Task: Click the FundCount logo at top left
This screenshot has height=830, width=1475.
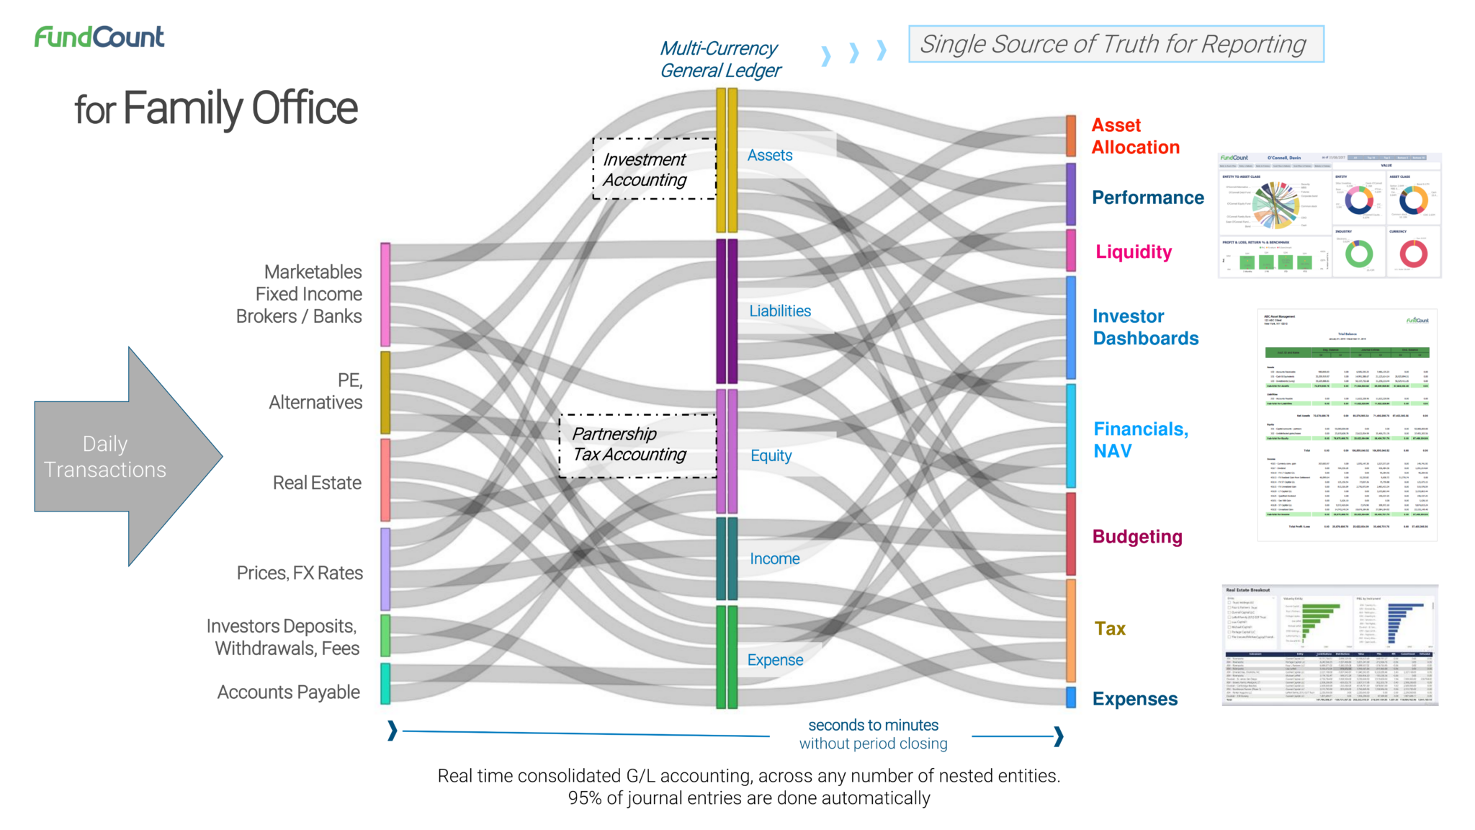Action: tap(99, 37)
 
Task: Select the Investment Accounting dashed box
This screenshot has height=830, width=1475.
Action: tap(654, 169)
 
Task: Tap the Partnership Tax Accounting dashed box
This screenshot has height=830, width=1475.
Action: tap(637, 445)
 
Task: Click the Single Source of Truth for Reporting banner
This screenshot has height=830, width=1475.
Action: tap(1116, 44)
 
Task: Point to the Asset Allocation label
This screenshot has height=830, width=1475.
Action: tap(1135, 136)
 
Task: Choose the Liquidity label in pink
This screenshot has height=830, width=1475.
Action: tap(1134, 251)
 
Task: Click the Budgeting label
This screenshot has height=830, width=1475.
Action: tap(1137, 537)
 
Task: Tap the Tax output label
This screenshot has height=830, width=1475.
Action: tap(1110, 629)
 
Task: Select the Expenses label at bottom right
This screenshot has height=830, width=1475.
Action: tap(1135, 699)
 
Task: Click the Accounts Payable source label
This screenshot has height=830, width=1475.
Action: tap(289, 692)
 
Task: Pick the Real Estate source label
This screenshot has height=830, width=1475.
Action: tap(317, 483)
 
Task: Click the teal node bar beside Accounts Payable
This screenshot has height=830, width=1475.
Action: tap(385, 684)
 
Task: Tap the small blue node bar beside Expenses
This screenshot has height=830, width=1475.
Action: tap(1071, 697)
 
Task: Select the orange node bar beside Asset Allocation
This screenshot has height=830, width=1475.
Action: tap(1071, 135)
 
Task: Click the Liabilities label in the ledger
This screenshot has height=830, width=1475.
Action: tap(780, 311)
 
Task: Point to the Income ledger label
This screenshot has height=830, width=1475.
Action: tap(774, 559)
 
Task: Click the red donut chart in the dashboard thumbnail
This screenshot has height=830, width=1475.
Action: tap(1413, 253)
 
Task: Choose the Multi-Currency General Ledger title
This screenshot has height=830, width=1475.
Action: tap(720, 60)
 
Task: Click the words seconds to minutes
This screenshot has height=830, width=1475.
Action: tap(873, 725)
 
